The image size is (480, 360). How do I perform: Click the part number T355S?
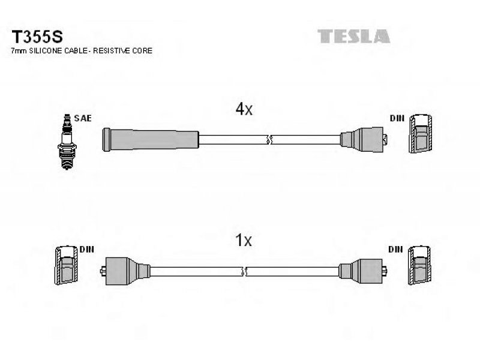coord(37,37)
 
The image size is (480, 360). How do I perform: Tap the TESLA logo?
coord(353,36)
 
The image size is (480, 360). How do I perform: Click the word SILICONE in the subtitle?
coord(46,51)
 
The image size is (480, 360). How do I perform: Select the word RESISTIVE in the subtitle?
coord(112,51)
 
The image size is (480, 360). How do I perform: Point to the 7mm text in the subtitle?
coord(19,51)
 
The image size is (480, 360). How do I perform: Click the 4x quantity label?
coord(244,109)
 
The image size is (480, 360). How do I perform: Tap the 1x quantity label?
coord(244,241)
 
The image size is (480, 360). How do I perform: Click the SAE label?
coord(83,118)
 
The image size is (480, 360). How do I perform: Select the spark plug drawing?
coord(67,142)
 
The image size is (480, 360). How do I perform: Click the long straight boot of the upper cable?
coord(151,140)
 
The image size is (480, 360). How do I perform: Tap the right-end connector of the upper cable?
coord(364,140)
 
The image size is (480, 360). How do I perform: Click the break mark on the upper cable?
coord(269,140)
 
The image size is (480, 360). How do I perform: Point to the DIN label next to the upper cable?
coord(397,118)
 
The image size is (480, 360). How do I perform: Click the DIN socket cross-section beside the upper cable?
coord(421,133)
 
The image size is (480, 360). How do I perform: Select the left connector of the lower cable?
coord(125,271)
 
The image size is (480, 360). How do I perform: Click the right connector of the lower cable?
coord(363,271)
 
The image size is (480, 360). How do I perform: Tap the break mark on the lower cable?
coord(244,271)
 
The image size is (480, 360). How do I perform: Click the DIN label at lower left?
coord(86,250)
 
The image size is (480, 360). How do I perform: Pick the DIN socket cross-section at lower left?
coord(67,265)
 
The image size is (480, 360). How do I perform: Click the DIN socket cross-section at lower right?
coord(419,265)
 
